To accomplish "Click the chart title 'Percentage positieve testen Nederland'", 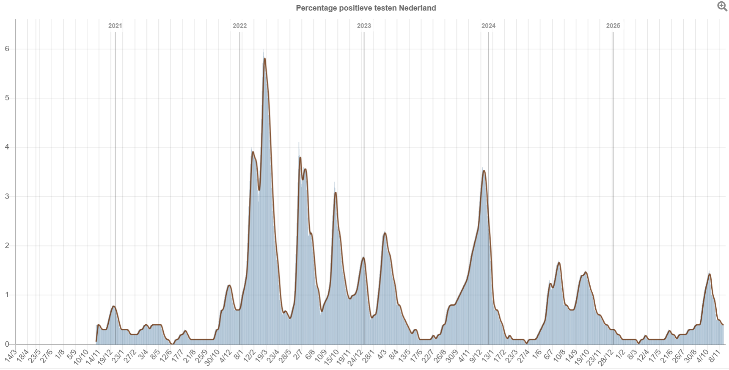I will point(366,8).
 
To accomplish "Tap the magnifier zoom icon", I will point(722,6).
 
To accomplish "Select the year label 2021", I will point(115,26).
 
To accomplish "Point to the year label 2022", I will point(239,26).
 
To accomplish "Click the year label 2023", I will point(364,26).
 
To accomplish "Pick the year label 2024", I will point(488,26).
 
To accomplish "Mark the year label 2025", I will point(613,26).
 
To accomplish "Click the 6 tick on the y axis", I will point(7,49).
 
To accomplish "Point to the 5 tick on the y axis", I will point(7,98).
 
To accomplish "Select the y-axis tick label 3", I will point(7,197).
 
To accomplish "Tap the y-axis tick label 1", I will point(7,295).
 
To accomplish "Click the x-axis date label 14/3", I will point(11,356).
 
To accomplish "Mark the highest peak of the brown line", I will point(264,58).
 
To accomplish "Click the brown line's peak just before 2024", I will point(484,171).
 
